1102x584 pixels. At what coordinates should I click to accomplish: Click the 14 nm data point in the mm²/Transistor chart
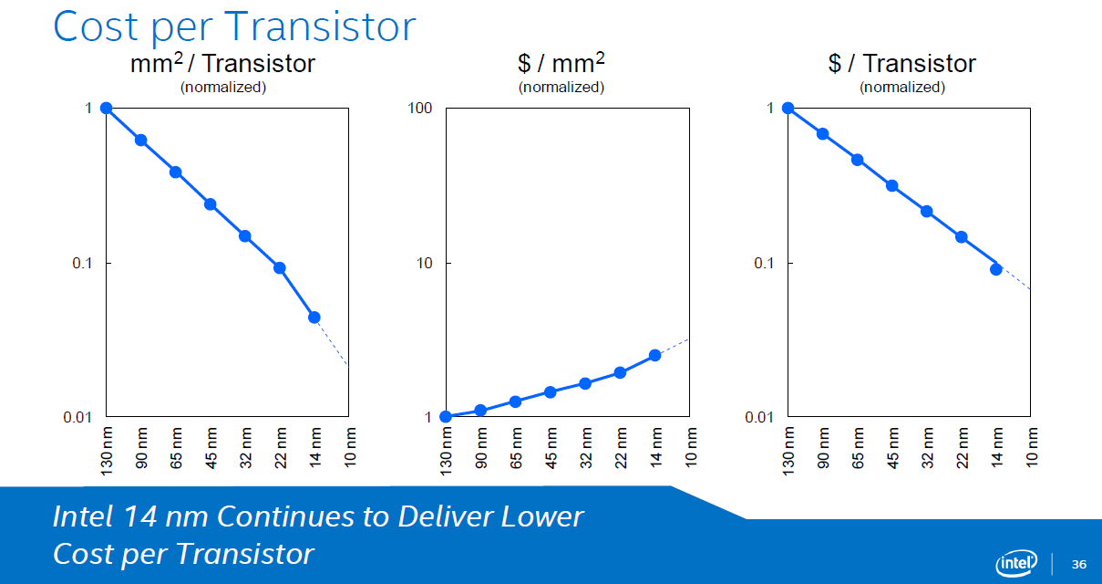(x=314, y=318)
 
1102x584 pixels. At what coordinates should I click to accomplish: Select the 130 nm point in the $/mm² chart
(x=446, y=417)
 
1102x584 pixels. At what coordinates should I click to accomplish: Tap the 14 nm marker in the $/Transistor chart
(x=996, y=269)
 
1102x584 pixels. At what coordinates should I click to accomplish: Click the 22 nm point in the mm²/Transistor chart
(x=280, y=268)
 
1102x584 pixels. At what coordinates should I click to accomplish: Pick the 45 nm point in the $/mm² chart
(x=550, y=392)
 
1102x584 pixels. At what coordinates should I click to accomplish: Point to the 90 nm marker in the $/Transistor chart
(x=822, y=134)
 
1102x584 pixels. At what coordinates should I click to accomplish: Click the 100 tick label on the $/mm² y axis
(x=419, y=108)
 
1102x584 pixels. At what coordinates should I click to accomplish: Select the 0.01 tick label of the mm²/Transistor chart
(x=77, y=418)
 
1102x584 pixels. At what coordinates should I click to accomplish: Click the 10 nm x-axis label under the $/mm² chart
(x=691, y=447)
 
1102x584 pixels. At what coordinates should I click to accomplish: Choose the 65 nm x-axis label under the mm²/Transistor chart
(x=176, y=448)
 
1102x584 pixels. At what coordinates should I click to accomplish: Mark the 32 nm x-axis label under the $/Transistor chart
(x=927, y=448)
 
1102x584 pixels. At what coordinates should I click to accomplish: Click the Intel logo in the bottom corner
(x=1016, y=563)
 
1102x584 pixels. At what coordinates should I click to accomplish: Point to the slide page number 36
(x=1079, y=564)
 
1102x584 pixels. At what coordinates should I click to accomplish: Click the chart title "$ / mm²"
(x=561, y=63)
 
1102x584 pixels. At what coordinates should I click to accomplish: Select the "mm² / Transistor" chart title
(x=222, y=63)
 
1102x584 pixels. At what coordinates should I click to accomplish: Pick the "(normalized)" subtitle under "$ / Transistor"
(x=902, y=88)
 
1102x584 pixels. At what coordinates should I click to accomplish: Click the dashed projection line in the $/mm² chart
(x=672, y=347)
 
